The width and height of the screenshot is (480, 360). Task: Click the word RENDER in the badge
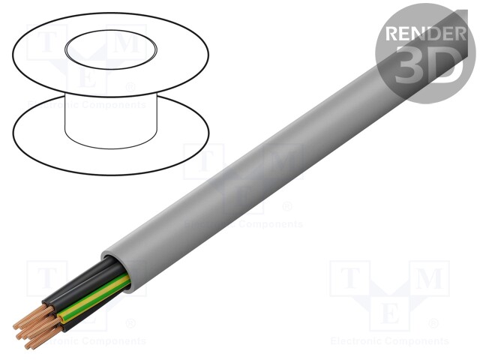pyautogui.click(x=424, y=34)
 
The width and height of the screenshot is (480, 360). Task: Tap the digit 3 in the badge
pyautogui.click(x=411, y=66)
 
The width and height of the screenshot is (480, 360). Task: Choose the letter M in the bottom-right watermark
pyautogui.click(x=427, y=279)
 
